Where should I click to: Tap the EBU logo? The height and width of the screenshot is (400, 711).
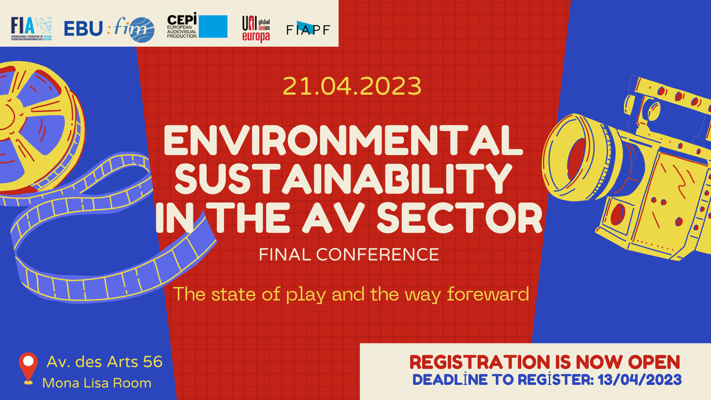(x=84, y=29)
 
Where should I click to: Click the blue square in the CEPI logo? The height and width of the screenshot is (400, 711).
(x=213, y=27)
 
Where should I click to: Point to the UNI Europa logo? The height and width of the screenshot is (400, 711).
(x=256, y=29)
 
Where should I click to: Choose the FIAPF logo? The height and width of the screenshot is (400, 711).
(x=308, y=29)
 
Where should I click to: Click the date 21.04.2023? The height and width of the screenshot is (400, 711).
(x=352, y=86)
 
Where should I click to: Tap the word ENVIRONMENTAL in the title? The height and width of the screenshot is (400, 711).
(x=343, y=140)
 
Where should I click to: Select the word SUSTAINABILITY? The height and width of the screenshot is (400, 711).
(x=343, y=179)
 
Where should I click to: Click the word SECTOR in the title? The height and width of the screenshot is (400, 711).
(x=459, y=218)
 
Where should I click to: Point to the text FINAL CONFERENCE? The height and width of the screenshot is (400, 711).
(x=349, y=255)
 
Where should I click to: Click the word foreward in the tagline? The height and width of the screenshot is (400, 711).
(x=488, y=294)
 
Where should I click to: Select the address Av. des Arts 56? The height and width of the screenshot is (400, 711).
(x=105, y=362)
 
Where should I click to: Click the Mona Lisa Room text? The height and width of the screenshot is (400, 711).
(x=97, y=383)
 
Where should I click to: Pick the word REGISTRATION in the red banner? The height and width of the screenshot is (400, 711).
(x=479, y=362)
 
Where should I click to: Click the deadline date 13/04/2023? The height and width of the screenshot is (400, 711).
(x=639, y=380)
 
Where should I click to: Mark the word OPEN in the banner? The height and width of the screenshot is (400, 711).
(x=654, y=362)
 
